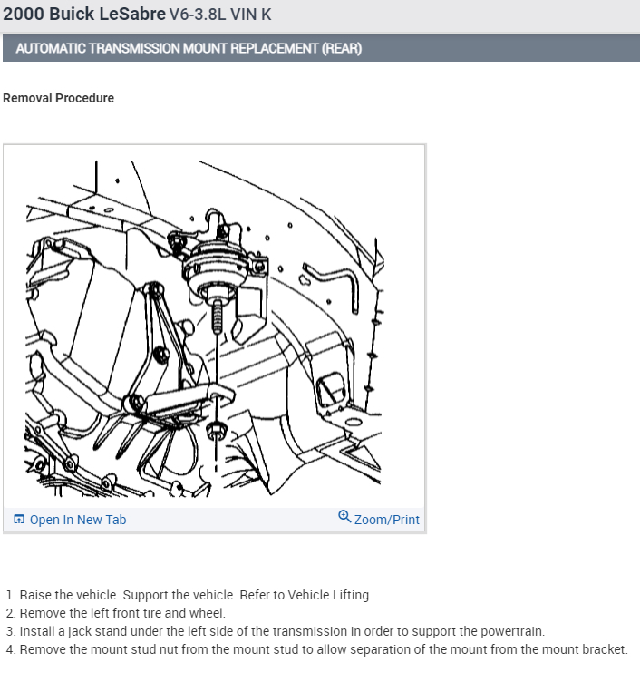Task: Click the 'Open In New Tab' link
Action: tap(78, 520)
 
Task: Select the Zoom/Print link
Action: tap(386, 520)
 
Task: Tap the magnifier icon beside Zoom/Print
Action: tap(344, 517)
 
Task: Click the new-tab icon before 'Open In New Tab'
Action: tap(19, 520)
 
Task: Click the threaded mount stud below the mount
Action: tap(218, 317)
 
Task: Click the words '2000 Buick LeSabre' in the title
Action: tap(84, 15)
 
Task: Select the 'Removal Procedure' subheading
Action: tap(59, 98)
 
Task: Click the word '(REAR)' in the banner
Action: tap(341, 49)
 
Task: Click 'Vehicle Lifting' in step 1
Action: tap(334, 595)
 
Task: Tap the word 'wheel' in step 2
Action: tap(206, 613)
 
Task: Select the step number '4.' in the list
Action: tap(11, 649)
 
